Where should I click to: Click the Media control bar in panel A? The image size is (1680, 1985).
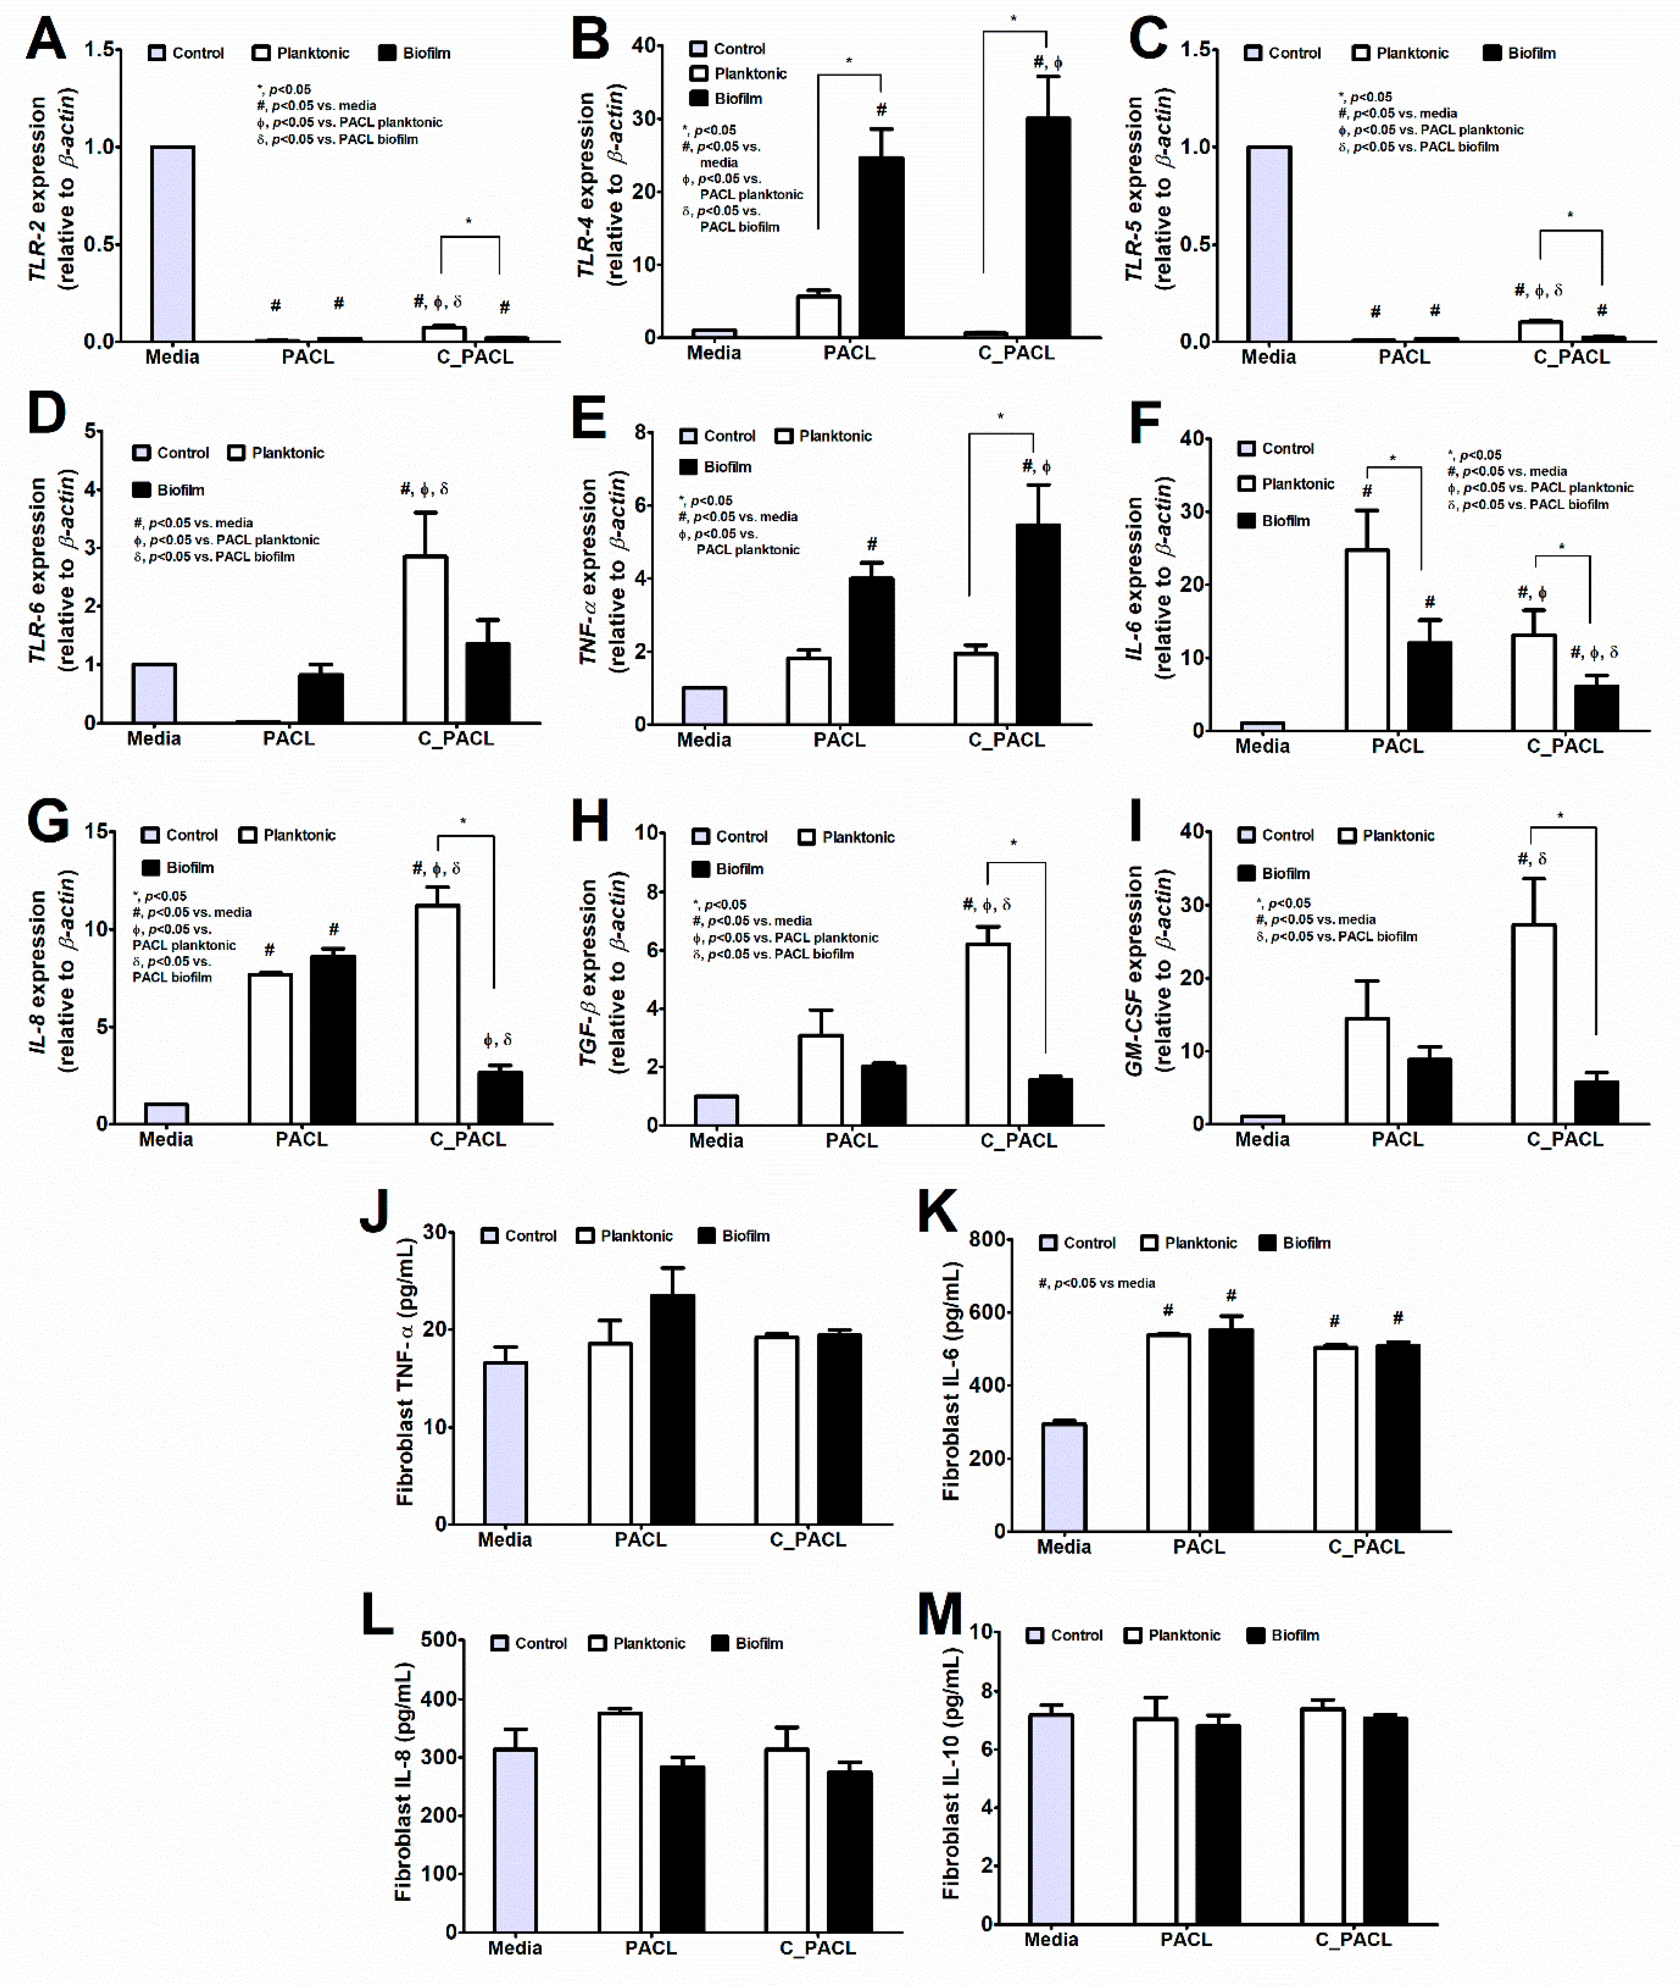pyautogui.click(x=172, y=244)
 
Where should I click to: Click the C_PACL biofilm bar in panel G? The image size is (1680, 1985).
pyautogui.click(x=499, y=1097)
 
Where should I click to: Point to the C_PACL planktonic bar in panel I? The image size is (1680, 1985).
pyautogui.click(x=1534, y=1024)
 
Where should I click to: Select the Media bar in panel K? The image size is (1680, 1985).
pyautogui.click(x=1064, y=1476)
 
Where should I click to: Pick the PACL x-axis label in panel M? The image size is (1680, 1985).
pyautogui.click(x=1186, y=1939)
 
